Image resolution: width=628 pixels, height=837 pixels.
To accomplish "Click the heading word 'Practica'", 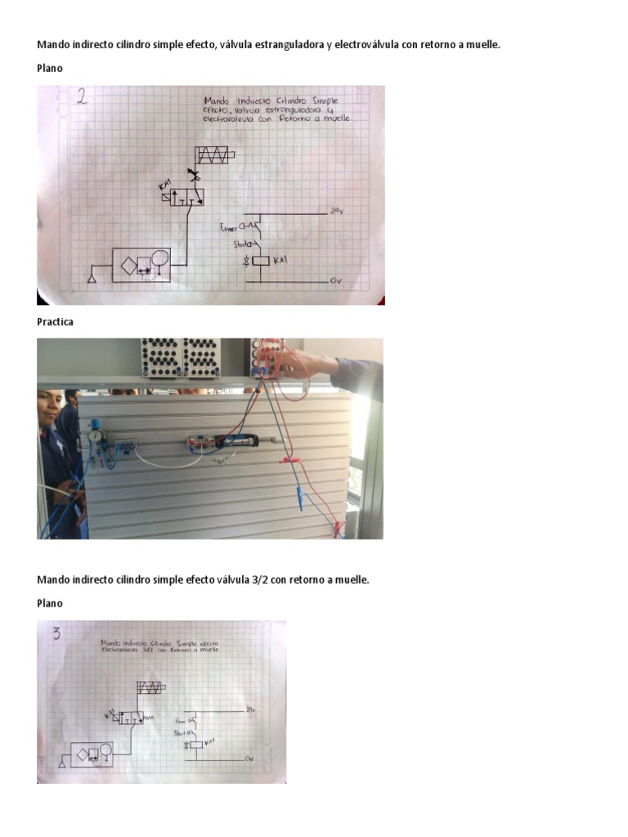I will click(55, 322).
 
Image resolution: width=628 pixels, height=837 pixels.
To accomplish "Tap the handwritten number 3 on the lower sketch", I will click(57, 633).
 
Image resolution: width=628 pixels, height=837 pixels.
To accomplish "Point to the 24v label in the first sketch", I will click(335, 211).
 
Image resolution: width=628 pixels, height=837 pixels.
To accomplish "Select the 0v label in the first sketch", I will click(334, 280).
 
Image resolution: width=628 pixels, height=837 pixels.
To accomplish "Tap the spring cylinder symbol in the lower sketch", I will click(150, 687).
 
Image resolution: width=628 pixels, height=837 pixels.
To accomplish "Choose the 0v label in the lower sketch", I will click(250, 759).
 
